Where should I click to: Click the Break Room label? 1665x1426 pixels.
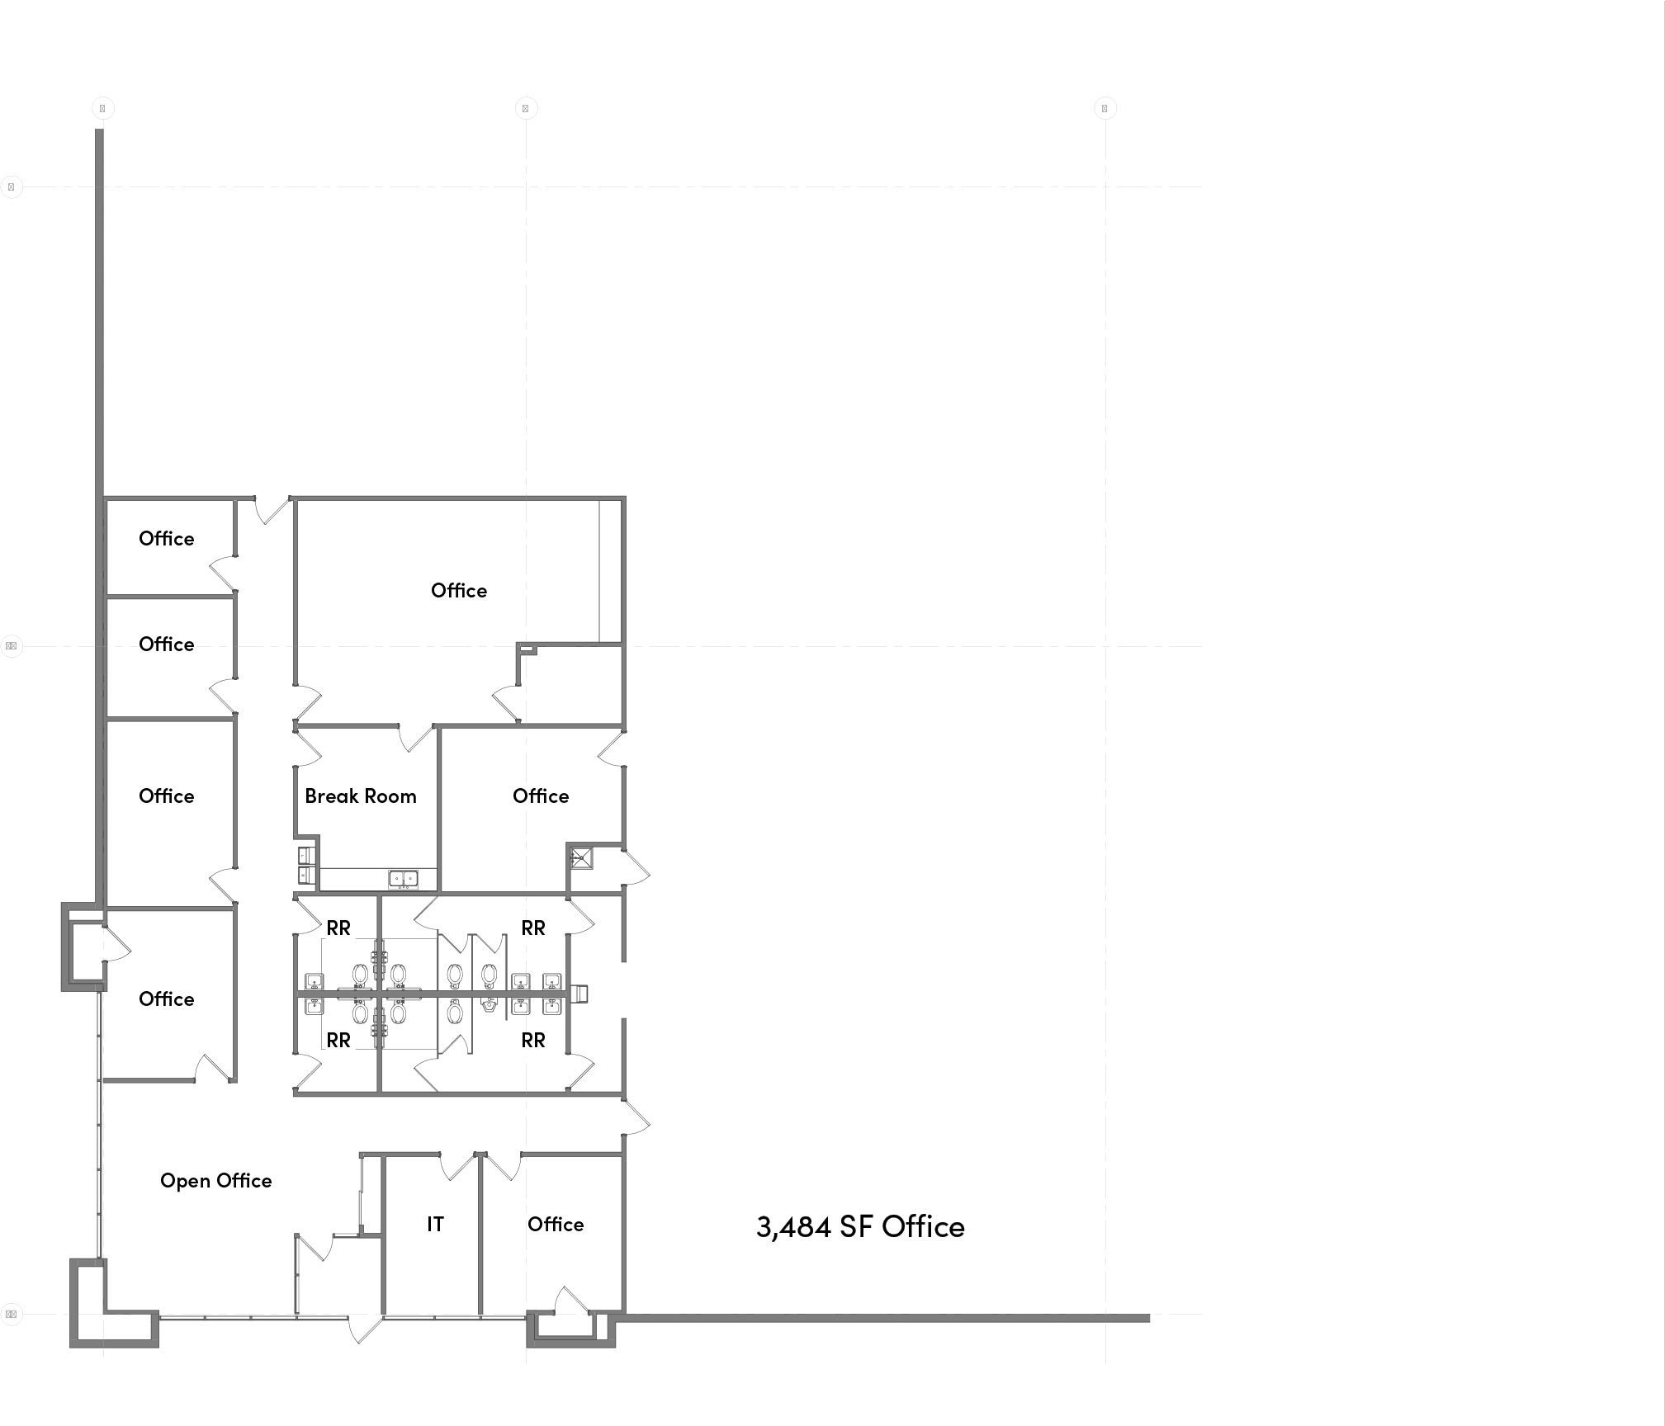pos(360,796)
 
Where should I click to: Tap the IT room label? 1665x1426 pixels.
pos(435,1225)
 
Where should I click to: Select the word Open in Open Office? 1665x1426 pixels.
pos(185,1182)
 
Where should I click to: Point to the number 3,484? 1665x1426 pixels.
pos(793,1227)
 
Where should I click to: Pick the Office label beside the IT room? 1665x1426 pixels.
pos(556,1225)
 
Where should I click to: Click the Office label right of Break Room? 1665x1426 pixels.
pos(541,796)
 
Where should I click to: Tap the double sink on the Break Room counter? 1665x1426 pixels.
pos(403,879)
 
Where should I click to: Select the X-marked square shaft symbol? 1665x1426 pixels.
pos(581,858)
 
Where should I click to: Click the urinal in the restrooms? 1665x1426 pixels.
pos(490,1005)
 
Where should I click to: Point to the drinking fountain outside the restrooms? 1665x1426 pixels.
pos(579,994)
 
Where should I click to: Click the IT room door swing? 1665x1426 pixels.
pos(456,1165)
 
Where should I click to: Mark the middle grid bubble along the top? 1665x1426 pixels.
pos(526,108)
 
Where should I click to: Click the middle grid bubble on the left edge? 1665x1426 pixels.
pos(12,646)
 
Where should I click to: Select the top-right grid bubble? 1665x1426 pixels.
pos(1104,108)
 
